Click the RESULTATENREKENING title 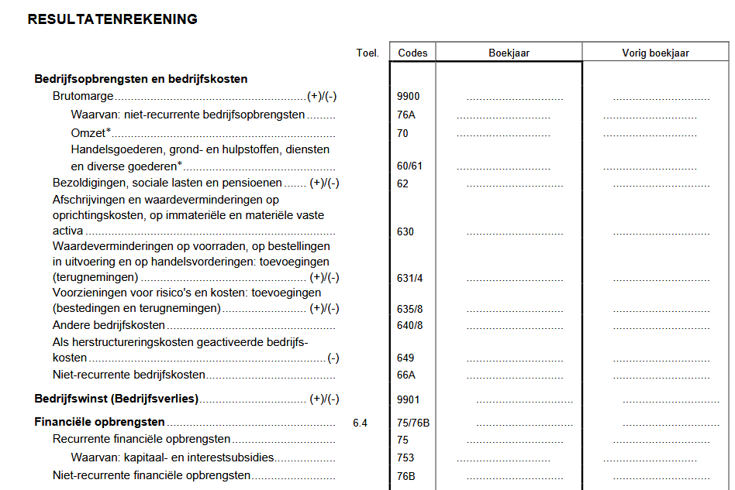[112, 19]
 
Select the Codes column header [412, 53]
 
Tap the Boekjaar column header [509, 53]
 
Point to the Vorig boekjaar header [655, 53]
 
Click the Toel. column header [367, 53]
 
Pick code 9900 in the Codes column [408, 97]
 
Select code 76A [406, 115]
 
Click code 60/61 [409, 166]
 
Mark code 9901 [408, 399]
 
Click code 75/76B [413, 423]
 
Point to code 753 [405, 457]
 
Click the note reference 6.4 [360, 423]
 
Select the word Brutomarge [83, 97]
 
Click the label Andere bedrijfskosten [109, 325]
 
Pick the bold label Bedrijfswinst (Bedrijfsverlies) [116, 399]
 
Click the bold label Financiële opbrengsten [99, 423]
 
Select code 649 [405, 358]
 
